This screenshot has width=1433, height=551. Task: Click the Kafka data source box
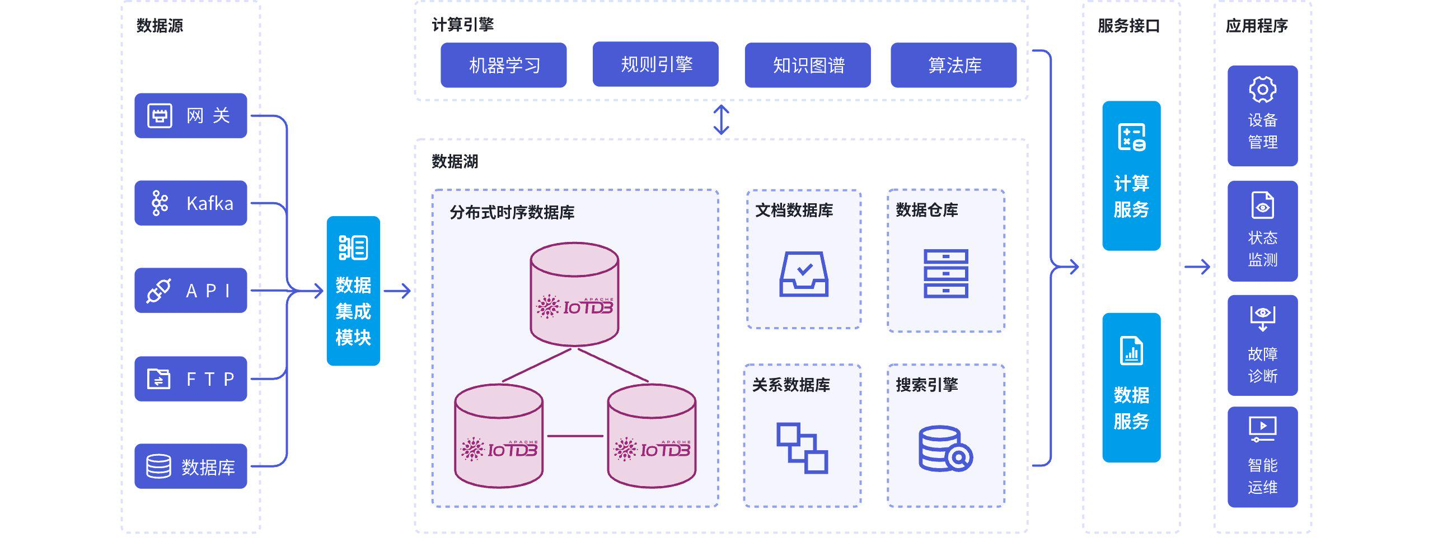coord(190,203)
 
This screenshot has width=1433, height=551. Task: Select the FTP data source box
coord(190,379)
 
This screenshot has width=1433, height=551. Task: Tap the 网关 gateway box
coord(190,115)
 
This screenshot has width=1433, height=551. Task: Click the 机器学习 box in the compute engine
coord(503,65)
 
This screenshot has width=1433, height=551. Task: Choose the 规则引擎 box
coord(655,64)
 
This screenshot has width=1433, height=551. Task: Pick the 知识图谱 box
coord(807,65)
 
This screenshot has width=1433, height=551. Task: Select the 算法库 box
coord(953,65)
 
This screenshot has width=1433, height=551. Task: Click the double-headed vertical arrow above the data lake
coord(721,120)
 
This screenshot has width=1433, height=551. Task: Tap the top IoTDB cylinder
coord(574,293)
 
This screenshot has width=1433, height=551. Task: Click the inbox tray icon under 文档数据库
coord(804,274)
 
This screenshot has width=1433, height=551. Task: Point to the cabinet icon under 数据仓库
coord(945,274)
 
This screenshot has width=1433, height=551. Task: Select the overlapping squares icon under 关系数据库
coord(802,448)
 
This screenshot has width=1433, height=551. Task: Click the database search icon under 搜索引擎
coord(945,449)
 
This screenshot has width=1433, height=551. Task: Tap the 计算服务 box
coord(1131,176)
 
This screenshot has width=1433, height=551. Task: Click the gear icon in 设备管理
coord(1262,90)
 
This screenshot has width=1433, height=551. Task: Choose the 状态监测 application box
coord(1262,231)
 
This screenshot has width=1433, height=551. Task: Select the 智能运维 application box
coord(1262,457)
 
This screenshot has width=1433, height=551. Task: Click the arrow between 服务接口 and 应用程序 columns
coord(1197,267)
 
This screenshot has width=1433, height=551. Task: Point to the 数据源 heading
coord(160,26)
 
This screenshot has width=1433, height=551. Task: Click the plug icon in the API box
coord(158,291)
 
